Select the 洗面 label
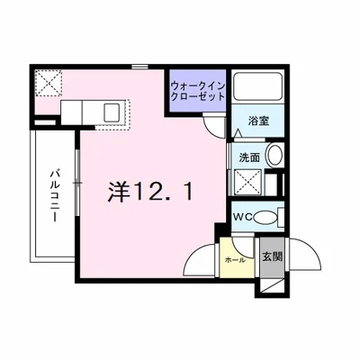point(249,157)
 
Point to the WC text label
point(243,217)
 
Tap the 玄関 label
point(272,256)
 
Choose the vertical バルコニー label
point(53,198)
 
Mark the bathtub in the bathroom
point(259,87)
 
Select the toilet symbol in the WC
point(269,217)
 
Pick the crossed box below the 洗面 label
point(249,183)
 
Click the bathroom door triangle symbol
point(238,133)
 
